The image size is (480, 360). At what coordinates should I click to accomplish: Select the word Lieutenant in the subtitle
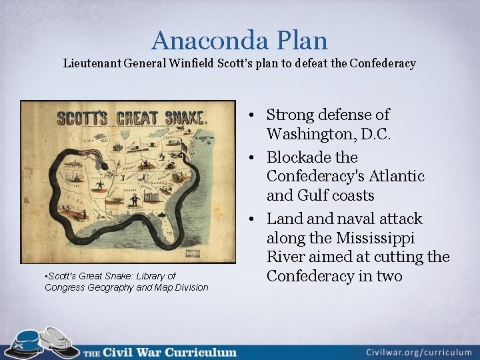click(91, 64)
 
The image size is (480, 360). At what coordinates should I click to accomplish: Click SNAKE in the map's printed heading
click(176, 119)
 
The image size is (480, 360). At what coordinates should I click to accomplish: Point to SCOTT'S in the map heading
click(81, 119)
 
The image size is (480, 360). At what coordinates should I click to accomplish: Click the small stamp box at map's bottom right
click(195, 253)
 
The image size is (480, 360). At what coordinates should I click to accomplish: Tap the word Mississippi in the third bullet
click(375, 238)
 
